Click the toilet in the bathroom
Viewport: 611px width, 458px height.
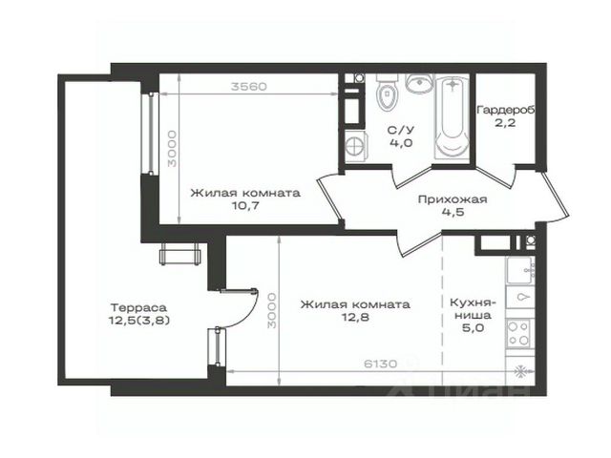[388, 93]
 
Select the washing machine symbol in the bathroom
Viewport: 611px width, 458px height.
[356, 146]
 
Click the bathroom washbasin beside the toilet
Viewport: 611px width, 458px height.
[419, 83]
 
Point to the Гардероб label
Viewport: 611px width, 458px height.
[506, 110]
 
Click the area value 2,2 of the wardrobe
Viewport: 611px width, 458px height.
[506, 123]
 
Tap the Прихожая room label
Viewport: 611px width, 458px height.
[453, 199]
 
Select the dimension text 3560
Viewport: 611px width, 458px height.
[249, 86]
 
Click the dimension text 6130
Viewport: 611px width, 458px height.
[381, 364]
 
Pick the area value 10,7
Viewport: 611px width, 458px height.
[245, 206]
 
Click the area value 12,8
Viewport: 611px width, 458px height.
[355, 317]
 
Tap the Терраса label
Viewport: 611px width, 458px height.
[139, 307]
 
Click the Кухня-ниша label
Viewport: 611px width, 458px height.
[473, 308]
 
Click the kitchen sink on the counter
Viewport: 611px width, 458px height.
[519, 269]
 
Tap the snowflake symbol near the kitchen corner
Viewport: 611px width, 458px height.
[519, 372]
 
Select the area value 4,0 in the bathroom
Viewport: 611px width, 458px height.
[401, 143]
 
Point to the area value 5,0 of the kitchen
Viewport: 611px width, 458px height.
[474, 328]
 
